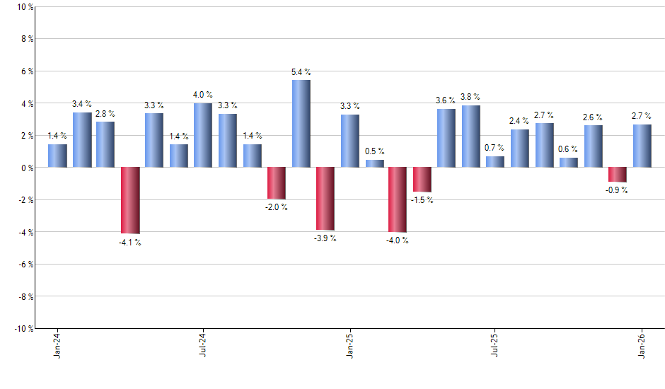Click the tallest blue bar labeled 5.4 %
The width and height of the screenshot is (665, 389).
pyautogui.click(x=301, y=124)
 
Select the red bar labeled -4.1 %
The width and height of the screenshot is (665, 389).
pyautogui.click(x=130, y=200)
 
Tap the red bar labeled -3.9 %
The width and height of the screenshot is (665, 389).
pyautogui.click(x=325, y=199)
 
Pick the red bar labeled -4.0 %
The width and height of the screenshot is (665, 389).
pyautogui.click(x=398, y=199)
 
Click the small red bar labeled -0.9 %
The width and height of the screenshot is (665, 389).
pyautogui.click(x=618, y=175)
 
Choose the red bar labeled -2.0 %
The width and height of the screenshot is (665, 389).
pyautogui.click(x=276, y=183)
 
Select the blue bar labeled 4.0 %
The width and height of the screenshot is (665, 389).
pyautogui.click(x=203, y=135)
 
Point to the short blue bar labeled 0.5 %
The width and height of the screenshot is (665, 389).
pyautogui.click(x=374, y=163)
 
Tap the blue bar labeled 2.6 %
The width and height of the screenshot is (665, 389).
pyautogui.click(x=593, y=146)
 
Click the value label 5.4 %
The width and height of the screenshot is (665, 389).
pyautogui.click(x=301, y=72)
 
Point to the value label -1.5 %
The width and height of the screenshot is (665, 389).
pyautogui.click(x=422, y=200)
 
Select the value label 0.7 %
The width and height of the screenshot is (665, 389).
pyautogui.click(x=495, y=148)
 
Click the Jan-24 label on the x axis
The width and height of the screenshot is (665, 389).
pyautogui.click(x=57, y=346)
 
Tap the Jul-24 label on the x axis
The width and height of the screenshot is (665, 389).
pyautogui.click(x=203, y=346)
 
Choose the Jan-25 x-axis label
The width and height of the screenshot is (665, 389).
pyautogui.click(x=349, y=346)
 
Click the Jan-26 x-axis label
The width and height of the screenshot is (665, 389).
pyautogui.click(x=642, y=346)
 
